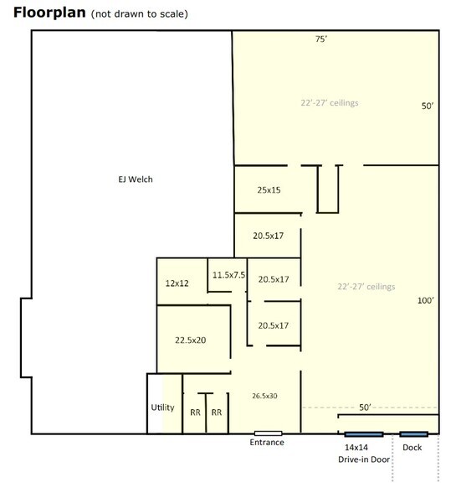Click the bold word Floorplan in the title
tap(49, 13)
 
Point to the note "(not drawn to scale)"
tap(140, 14)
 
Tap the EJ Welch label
tap(136, 179)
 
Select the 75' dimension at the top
tap(321, 39)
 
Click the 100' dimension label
tap(426, 300)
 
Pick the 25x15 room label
tap(269, 189)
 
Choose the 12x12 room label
tap(177, 283)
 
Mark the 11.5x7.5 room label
tap(228, 275)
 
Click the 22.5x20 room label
tap(191, 340)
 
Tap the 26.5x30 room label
tap(264, 396)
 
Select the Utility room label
tap(162, 407)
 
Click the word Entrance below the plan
tap(267, 443)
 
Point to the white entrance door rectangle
tap(268, 433)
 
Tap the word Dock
tap(412, 448)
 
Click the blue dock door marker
tap(413, 434)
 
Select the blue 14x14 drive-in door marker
tap(364, 434)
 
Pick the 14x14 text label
tap(356, 448)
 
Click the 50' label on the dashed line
tap(365, 407)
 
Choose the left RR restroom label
tap(195, 413)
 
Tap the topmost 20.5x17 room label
tap(269, 236)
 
